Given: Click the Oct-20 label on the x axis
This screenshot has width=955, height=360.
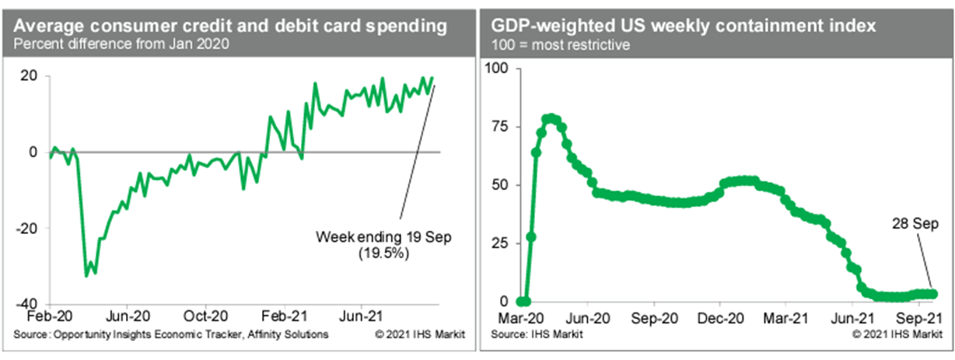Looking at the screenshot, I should coord(205,317).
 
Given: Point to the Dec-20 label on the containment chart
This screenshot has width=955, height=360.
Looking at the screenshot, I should coord(721,318).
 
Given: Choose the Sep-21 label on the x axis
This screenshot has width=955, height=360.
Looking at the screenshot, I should coord(921,318).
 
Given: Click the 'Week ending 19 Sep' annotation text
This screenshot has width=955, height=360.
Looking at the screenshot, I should coord(383,236).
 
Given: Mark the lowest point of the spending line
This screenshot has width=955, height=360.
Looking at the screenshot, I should coord(86,275).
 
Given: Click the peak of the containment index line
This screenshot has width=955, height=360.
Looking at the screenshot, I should coord(551,118).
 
